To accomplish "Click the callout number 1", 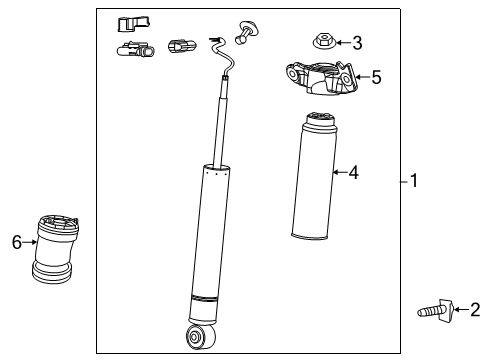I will pyautogui.click(x=414, y=181).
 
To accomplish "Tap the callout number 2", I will pyautogui.click(x=475, y=311).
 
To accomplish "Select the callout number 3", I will pyautogui.click(x=357, y=42).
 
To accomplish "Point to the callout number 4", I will pyautogui.click(x=353, y=173).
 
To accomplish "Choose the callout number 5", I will pyautogui.click(x=376, y=77).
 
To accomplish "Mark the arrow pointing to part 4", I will pyautogui.click(x=339, y=173).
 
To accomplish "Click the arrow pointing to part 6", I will pyautogui.click(x=30, y=241).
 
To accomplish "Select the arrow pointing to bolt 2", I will pyautogui.click(x=461, y=311).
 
